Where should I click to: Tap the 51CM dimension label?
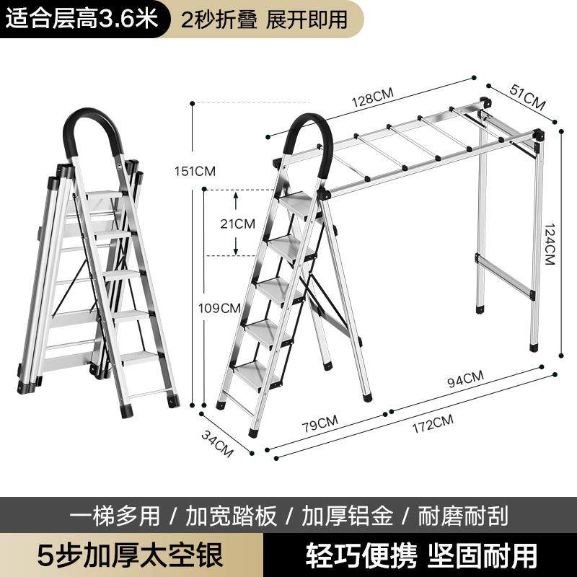coord(527,95)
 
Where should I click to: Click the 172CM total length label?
coord(432,419)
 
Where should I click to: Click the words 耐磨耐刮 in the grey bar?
coord(463,516)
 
